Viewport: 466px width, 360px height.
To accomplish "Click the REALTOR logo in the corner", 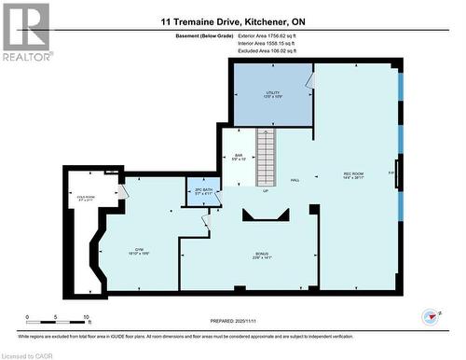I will pyautogui.click(x=26, y=32).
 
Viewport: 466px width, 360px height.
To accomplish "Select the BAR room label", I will pyautogui.click(x=239, y=156).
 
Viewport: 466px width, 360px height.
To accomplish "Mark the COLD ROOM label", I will pyautogui.click(x=87, y=198).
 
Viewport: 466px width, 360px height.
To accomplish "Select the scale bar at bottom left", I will pyautogui.click(x=57, y=317).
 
